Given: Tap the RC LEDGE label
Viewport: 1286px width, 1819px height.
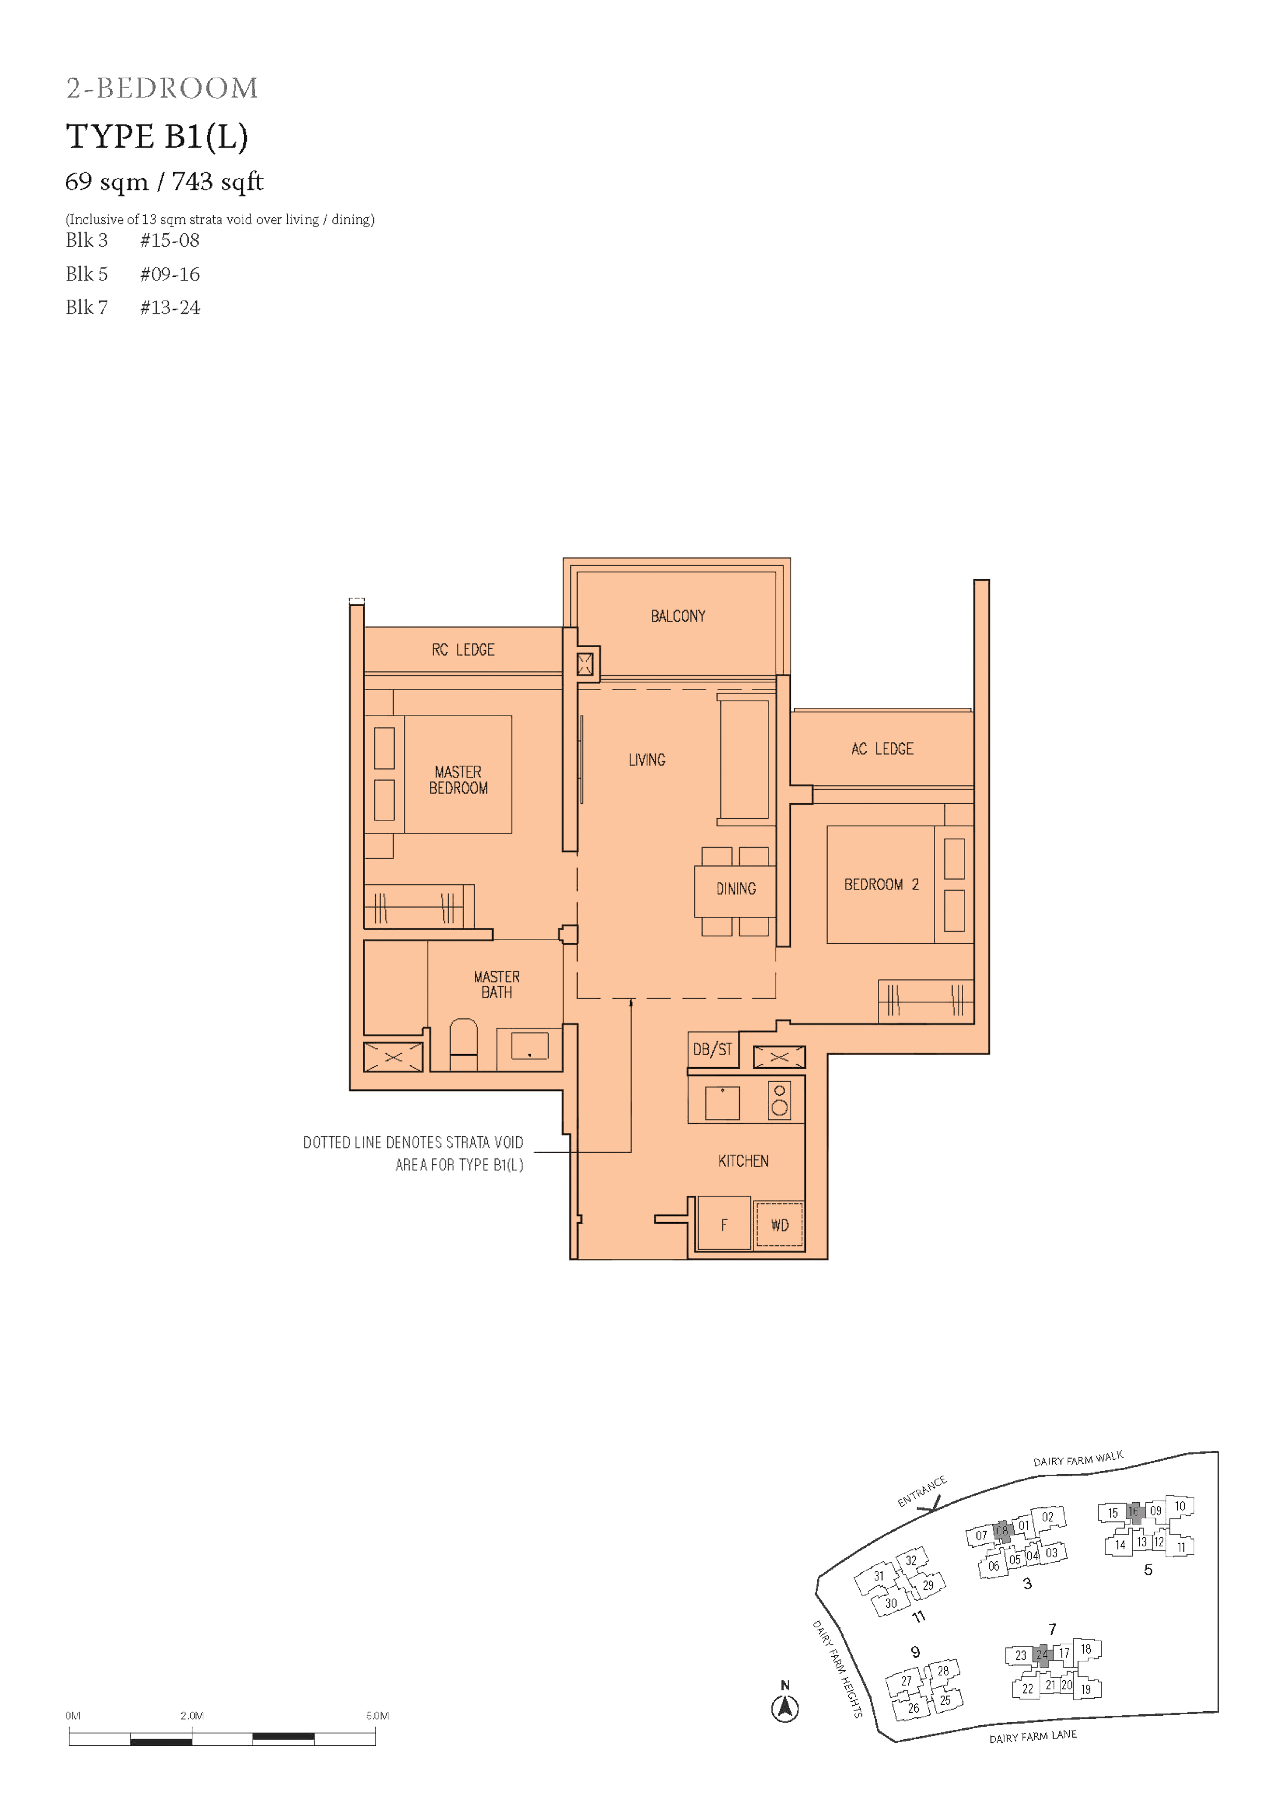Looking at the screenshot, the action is pyautogui.click(x=463, y=650).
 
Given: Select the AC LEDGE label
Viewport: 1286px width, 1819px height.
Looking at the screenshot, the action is pyautogui.click(x=882, y=749).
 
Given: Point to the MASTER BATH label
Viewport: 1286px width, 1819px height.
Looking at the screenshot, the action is pyautogui.click(x=497, y=984).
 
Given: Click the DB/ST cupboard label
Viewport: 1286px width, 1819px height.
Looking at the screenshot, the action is pyautogui.click(x=712, y=1049).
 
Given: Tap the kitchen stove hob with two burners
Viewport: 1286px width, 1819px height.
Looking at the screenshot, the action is pyautogui.click(x=780, y=1100).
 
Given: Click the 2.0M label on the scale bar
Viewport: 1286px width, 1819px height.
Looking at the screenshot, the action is pyautogui.click(x=192, y=1715).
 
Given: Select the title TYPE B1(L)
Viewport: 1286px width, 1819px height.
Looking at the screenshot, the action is pyautogui.click(x=157, y=136).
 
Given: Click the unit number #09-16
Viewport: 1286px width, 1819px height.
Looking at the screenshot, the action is pyautogui.click(x=170, y=274).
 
